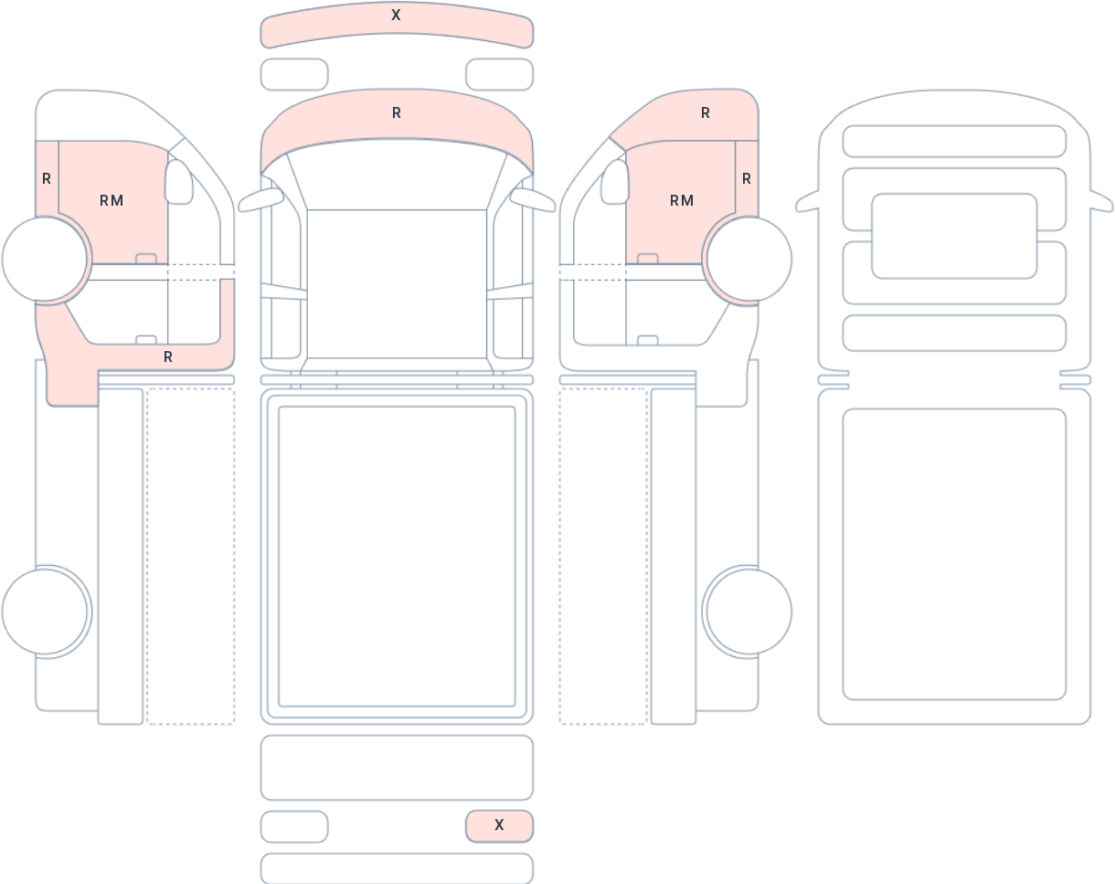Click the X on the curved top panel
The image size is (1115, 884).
(396, 15)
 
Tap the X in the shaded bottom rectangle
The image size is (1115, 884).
(499, 825)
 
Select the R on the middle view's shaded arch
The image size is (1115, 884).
(397, 113)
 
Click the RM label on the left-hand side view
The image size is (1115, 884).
(111, 200)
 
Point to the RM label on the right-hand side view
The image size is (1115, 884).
(682, 200)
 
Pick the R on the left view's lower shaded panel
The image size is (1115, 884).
(168, 357)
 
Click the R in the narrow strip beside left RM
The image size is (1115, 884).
(47, 179)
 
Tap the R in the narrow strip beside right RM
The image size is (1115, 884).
(747, 179)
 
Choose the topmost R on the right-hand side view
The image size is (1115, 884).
(706, 113)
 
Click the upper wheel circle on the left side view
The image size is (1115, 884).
(45, 259)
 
